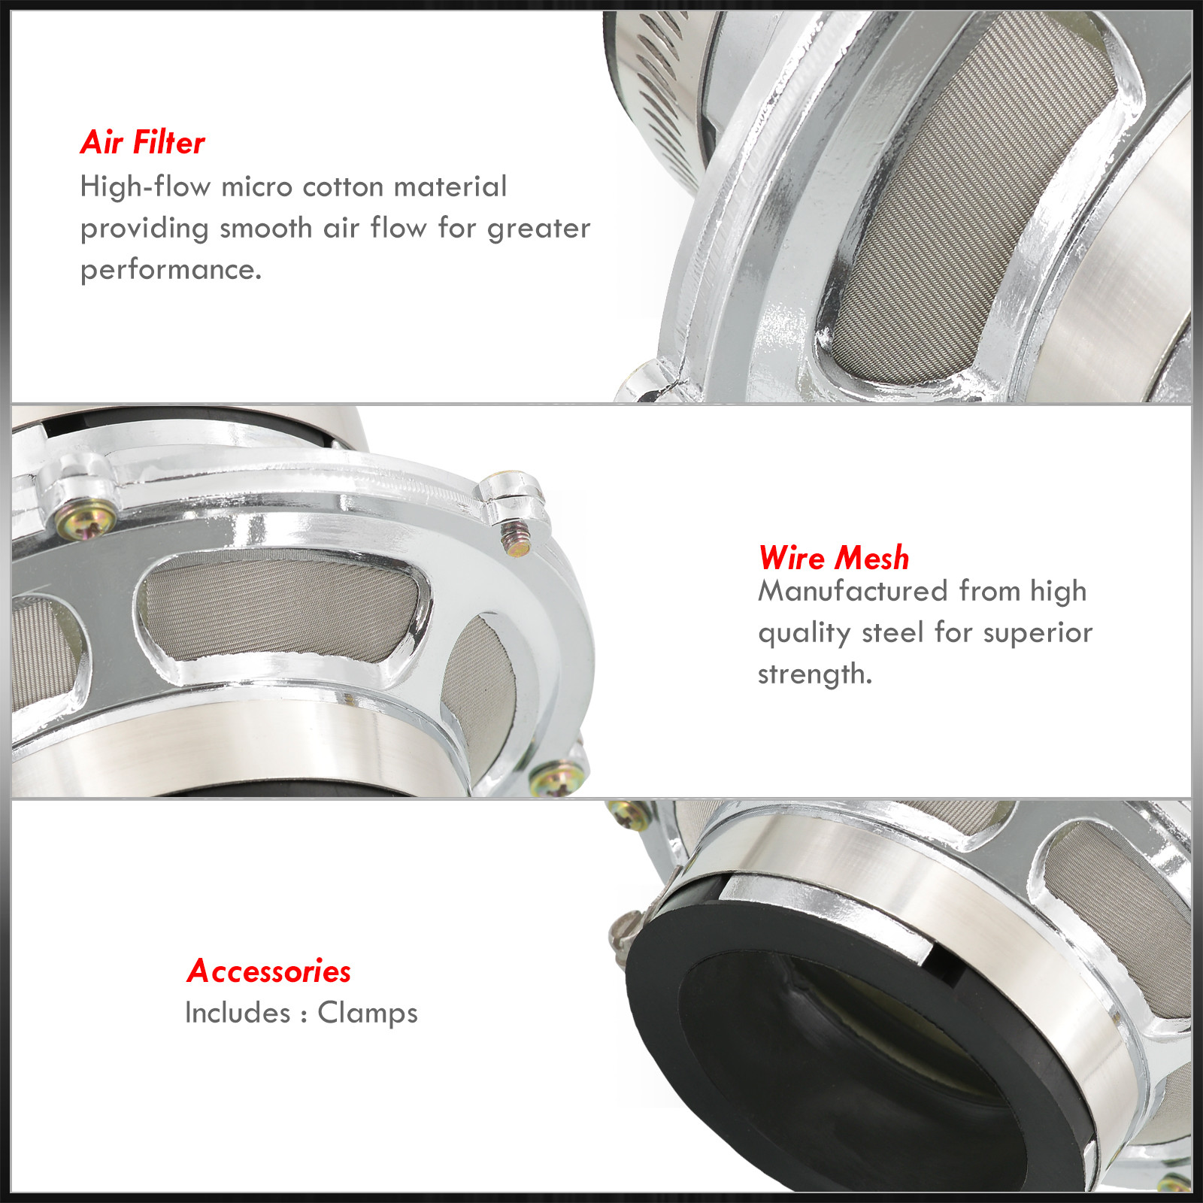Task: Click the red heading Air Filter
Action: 142,142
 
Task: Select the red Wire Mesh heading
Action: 834,558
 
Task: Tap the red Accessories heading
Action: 268,971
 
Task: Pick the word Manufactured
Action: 853,591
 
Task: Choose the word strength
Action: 815,674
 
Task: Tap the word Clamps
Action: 368,1013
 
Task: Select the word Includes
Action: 238,1013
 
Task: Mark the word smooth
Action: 266,228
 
